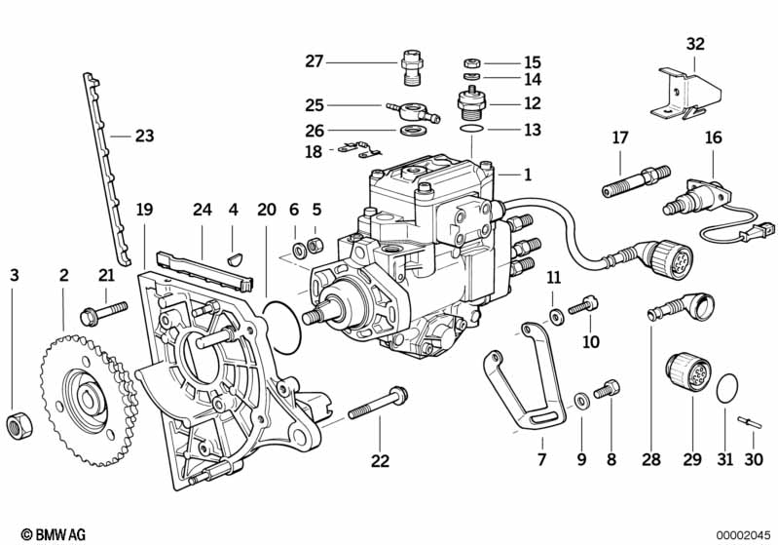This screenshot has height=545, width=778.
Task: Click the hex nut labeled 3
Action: (19, 426)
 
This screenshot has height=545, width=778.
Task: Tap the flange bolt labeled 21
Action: (103, 313)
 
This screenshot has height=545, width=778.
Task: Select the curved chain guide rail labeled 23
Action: (106, 169)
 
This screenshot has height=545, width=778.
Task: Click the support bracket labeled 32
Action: (685, 95)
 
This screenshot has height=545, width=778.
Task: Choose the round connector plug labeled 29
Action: (688, 373)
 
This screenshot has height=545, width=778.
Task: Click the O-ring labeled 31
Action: (727, 386)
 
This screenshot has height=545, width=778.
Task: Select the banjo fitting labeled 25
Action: (412, 112)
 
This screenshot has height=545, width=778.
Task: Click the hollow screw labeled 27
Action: (410, 67)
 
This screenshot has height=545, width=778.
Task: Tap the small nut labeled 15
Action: (472, 63)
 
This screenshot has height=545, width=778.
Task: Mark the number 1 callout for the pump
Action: (528, 175)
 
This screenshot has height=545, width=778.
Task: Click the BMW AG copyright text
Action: (54, 534)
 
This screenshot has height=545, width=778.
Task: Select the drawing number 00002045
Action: (743, 535)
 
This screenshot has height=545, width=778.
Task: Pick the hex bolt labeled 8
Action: (607, 389)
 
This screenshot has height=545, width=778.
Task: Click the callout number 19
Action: (144, 210)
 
